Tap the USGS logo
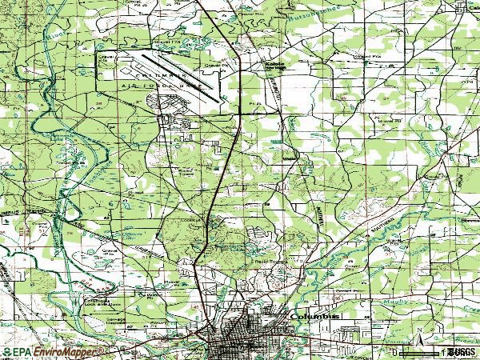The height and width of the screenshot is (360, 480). pos(461,351)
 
